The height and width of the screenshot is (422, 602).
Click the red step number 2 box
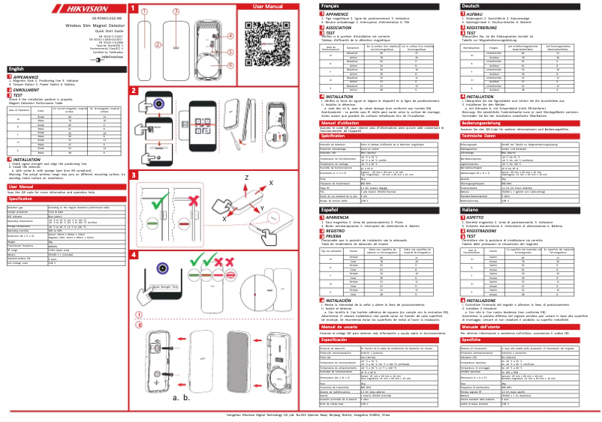[134, 93]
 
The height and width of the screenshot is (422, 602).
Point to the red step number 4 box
[134, 255]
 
